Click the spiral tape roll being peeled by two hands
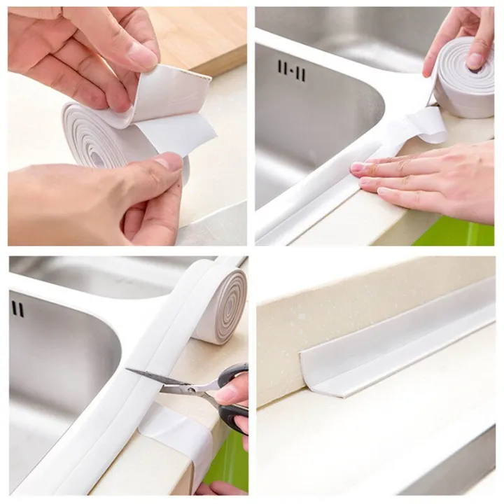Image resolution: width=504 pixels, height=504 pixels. tap(105, 136)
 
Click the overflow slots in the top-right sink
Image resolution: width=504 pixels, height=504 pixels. tap(291, 70)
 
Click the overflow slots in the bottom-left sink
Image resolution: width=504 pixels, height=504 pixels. tap(17, 309)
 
